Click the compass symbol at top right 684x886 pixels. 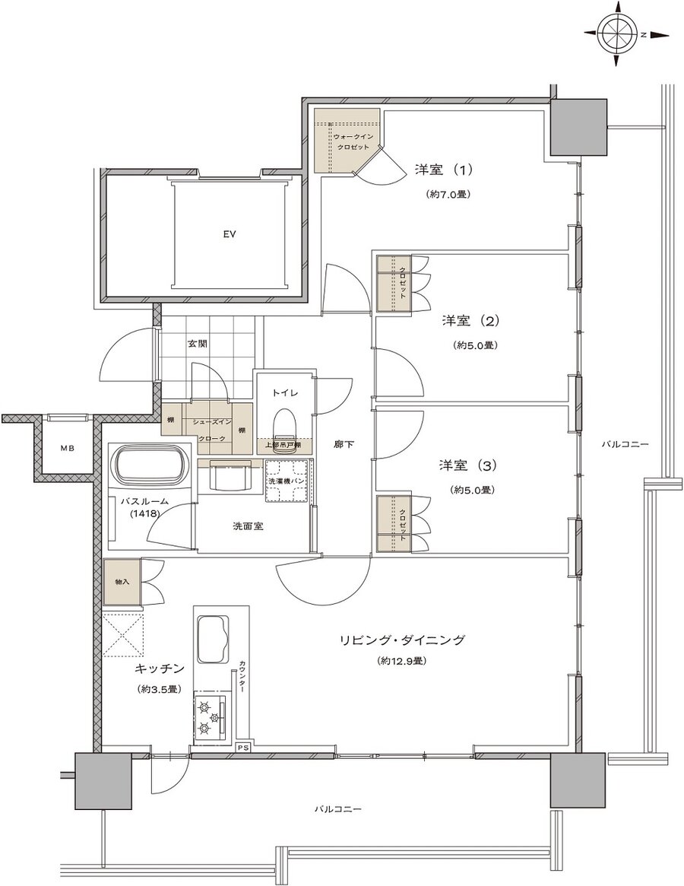tap(616, 34)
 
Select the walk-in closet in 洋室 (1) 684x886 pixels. tap(346, 141)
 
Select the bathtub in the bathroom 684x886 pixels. tap(150, 466)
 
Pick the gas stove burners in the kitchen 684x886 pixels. tap(211, 716)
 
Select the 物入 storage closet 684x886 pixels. tap(122, 583)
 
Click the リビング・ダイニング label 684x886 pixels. tap(401, 640)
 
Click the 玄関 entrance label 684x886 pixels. tap(198, 343)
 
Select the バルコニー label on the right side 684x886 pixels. tap(625, 443)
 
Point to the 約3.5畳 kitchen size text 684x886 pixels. tap(159, 689)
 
